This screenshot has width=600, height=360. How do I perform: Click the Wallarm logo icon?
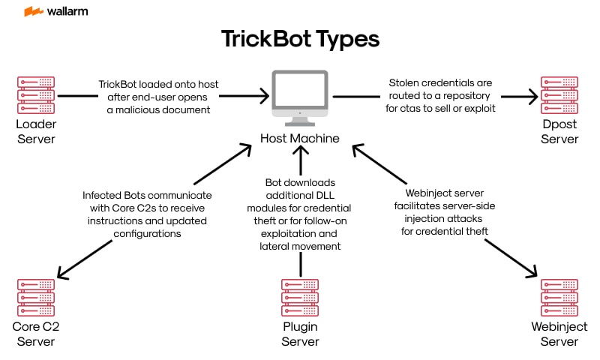33,12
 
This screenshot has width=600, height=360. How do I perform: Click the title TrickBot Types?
300,39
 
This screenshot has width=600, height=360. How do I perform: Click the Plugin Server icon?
300,298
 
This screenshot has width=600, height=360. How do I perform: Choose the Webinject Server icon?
559,298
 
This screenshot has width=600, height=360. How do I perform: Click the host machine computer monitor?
300,95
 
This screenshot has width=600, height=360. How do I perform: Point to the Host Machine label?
300,139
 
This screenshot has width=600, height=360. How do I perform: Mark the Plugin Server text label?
300,334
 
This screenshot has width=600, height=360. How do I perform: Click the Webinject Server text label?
559,334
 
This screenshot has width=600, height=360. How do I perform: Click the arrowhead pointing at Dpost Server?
532,96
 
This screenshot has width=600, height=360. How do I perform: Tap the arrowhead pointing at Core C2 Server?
64,274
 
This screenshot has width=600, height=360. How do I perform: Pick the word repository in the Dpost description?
465,97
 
